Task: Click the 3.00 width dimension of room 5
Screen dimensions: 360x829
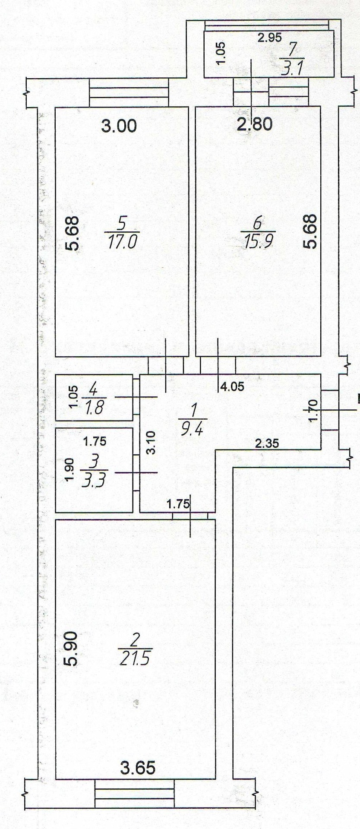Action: click(x=119, y=126)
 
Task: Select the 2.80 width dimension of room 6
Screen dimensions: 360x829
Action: click(x=255, y=124)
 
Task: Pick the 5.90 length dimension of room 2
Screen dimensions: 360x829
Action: click(x=70, y=649)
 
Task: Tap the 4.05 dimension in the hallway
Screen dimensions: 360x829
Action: click(x=232, y=387)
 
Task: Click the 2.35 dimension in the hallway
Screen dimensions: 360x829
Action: click(x=266, y=443)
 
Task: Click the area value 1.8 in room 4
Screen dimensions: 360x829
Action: click(x=94, y=407)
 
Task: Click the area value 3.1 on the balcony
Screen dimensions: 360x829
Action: click(x=292, y=68)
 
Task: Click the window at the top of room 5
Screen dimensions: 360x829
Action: click(x=128, y=92)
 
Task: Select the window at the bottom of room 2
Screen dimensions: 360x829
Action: click(x=134, y=793)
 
